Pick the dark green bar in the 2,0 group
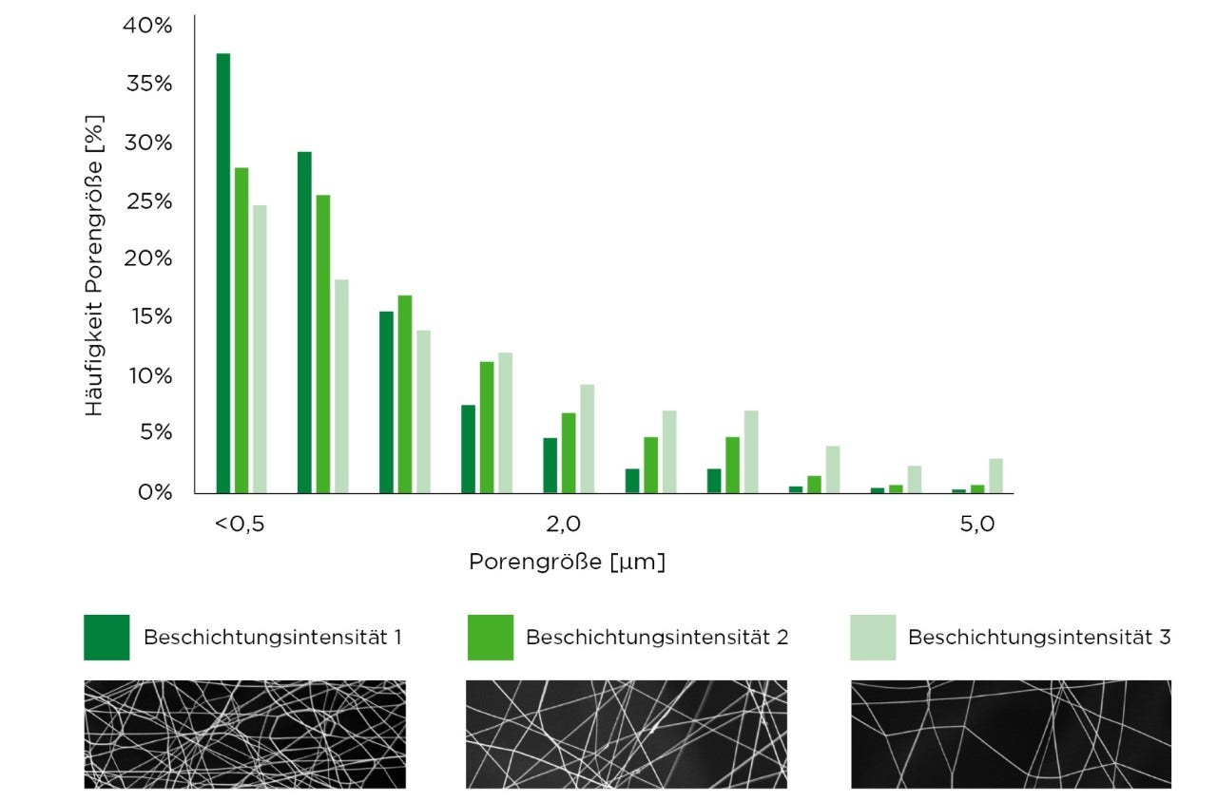pyautogui.click(x=550, y=466)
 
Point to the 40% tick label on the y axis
pyautogui.click(x=147, y=26)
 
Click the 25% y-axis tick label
pyautogui.click(x=147, y=201)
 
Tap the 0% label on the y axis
pyautogui.click(x=154, y=492)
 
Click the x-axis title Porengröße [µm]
pyautogui.click(x=567, y=562)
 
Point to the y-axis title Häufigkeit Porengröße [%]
pyautogui.click(x=93, y=266)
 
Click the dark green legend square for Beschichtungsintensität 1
pyautogui.click(x=106, y=637)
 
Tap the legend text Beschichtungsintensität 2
pyautogui.click(x=657, y=637)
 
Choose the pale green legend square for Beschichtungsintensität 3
pyautogui.click(x=873, y=637)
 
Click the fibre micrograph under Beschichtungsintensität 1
pyautogui.click(x=245, y=734)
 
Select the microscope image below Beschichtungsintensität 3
pyautogui.click(x=1011, y=734)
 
